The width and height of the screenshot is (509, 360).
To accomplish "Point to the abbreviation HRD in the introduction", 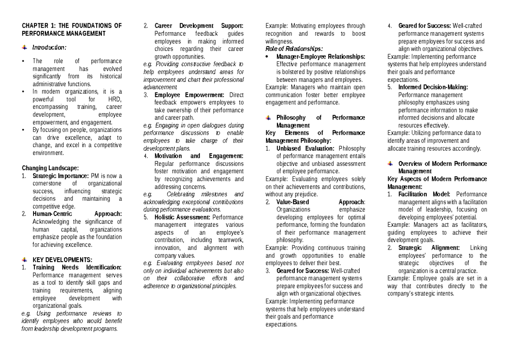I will click(116, 99).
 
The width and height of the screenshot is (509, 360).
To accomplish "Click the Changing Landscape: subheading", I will click(50, 168).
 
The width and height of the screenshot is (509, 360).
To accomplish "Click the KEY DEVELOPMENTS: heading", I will click(62, 260).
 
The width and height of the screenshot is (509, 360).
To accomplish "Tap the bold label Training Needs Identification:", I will click(77, 267).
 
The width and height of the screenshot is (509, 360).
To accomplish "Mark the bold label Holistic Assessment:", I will click(182, 217).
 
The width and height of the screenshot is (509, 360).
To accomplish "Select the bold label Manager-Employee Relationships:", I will click(320, 56).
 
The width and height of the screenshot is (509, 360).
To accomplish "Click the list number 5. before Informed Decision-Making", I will click(390, 87).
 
